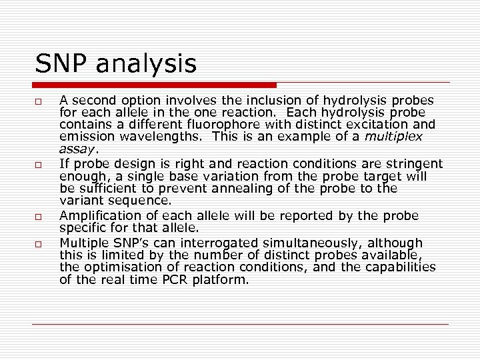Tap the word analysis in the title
[x=147, y=65]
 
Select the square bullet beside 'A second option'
[x=40, y=101]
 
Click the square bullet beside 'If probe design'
[x=40, y=165]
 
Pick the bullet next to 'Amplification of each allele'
[x=40, y=216]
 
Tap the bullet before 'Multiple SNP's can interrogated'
[x=40, y=244]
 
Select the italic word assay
[x=76, y=149]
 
